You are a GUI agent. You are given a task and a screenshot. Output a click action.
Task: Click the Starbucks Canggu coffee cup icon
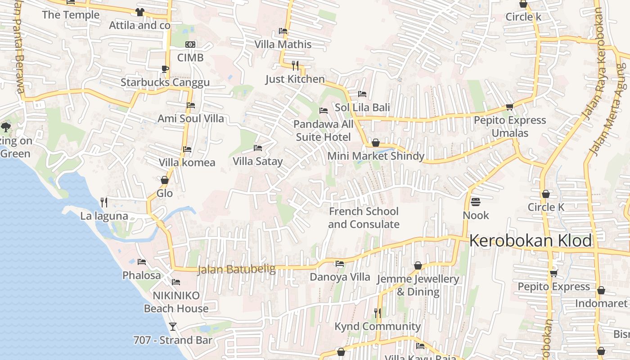[x=165, y=69]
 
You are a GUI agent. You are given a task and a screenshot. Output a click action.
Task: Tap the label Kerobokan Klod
[x=531, y=241]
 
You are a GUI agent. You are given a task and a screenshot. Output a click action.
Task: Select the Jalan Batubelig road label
[x=236, y=269]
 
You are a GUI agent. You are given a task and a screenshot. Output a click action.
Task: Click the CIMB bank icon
[x=190, y=45]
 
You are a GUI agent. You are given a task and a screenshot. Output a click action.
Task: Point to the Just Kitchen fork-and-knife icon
[x=295, y=66]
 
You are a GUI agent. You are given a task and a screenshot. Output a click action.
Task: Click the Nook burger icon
[x=476, y=202]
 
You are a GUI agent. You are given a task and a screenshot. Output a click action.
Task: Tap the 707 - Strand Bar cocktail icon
[x=172, y=326]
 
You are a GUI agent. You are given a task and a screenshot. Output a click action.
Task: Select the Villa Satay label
[x=258, y=161]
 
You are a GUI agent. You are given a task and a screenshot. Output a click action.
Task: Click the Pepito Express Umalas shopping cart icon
[x=509, y=107]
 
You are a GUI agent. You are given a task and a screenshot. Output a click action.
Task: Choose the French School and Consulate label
[x=364, y=218]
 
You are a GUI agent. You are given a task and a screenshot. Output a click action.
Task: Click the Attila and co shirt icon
[x=139, y=12]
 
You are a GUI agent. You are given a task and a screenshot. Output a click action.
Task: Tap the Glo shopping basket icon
[x=164, y=180]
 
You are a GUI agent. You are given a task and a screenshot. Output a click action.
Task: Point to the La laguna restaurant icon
[x=104, y=202]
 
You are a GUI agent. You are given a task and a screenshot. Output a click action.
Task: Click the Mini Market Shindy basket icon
[x=376, y=143]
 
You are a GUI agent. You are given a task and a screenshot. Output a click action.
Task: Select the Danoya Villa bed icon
[x=340, y=264]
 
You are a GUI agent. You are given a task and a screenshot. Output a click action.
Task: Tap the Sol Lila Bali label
[x=362, y=108]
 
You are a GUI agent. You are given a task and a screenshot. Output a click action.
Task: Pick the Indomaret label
[x=601, y=303]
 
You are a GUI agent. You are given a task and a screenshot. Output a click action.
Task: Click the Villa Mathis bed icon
[x=283, y=31]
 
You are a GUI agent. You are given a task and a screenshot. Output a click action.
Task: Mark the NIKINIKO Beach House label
[x=176, y=302]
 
